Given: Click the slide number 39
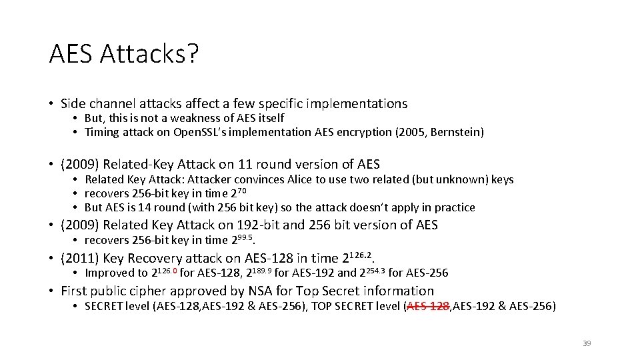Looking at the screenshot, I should coord(587,343).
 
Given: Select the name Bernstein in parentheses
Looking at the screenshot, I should coord(457,132).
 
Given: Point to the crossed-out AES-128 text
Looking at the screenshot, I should coord(428,306).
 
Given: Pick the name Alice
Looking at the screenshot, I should coord(285,179).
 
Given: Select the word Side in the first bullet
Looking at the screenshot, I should coord(73,103).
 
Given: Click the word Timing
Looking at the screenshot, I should coord(102,132).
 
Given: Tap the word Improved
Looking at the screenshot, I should coord(109,273).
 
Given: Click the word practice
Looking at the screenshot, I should coord(453,207).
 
